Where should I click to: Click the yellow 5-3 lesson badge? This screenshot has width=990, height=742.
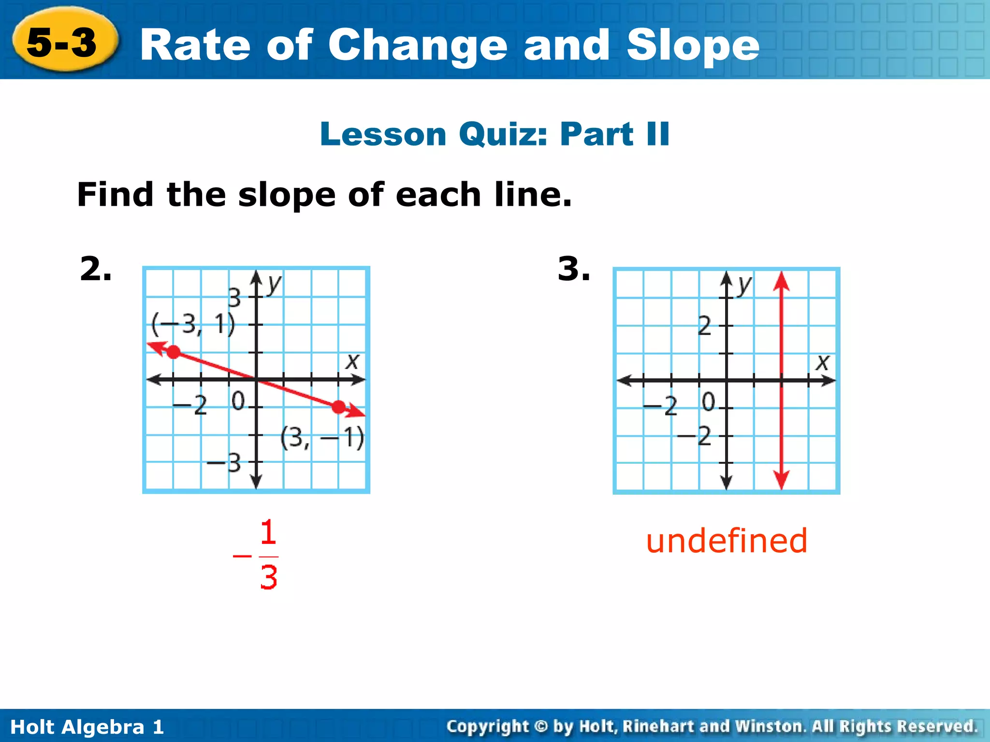point(63,43)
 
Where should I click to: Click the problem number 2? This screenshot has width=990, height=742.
point(95,269)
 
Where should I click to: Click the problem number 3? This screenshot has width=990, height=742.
point(573,269)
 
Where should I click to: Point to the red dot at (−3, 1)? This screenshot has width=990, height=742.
point(174,352)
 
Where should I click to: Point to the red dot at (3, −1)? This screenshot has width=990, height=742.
point(339,407)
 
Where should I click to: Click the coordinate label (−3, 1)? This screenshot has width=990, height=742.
point(193,324)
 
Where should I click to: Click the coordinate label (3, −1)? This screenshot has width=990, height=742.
point(322,438)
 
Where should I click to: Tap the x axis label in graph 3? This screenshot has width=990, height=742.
point(822,362)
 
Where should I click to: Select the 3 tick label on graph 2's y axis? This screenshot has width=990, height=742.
point(234,298)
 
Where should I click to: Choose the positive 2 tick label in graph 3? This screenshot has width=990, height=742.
point(705,326)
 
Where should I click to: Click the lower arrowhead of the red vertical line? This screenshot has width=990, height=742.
point(781,480)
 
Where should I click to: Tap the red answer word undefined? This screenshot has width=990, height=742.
point(727,541)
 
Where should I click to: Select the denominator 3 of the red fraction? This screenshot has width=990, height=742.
point(269,577)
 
